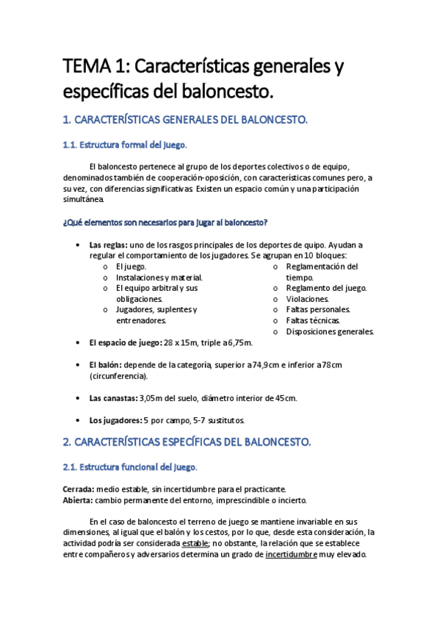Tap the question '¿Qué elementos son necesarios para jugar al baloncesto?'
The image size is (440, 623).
(165, 222)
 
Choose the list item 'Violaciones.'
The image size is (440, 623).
(308, 299)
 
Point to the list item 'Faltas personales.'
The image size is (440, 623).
(318, 309)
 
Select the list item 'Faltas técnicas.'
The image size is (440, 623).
(314, 320)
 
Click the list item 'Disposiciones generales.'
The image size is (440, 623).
(330, 331)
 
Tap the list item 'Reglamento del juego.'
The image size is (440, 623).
(326, 288)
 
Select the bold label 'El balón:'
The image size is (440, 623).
(105, 365)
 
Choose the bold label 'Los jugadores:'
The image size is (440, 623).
(115, 420)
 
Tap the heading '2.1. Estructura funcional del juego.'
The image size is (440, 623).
(130, 467)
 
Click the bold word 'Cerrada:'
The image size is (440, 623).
(79, 489)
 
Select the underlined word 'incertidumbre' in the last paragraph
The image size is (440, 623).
(292, 555)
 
